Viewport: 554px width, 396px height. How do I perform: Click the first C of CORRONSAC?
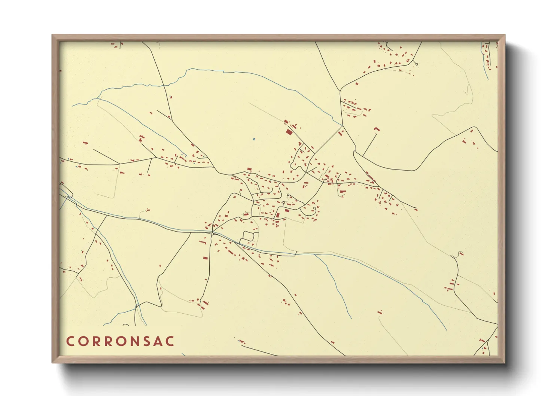click(70, 341)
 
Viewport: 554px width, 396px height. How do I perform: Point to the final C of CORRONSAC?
click(170, 341)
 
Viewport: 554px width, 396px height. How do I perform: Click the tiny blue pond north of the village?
click(253, 139)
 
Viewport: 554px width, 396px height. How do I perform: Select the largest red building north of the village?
click(289, 132)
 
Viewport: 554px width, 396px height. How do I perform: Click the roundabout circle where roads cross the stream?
click(212, 234)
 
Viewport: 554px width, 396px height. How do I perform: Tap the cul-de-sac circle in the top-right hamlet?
click(417, 64)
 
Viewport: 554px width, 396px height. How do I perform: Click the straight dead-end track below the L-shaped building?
click(370, 144)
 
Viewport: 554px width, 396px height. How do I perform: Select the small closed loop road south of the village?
click(248, 236)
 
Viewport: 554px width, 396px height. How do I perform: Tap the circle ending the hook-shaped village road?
click(314, 208)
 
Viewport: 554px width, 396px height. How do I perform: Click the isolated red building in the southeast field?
click(380, 312)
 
